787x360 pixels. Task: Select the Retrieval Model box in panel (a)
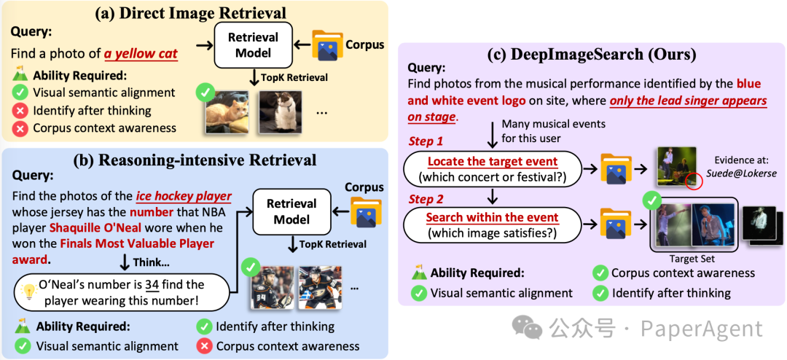click(254, 44)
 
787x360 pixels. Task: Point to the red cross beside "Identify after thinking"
click(21, 110)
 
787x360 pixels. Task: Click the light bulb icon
click(30, 291)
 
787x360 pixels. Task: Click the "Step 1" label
click(425, 141)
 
